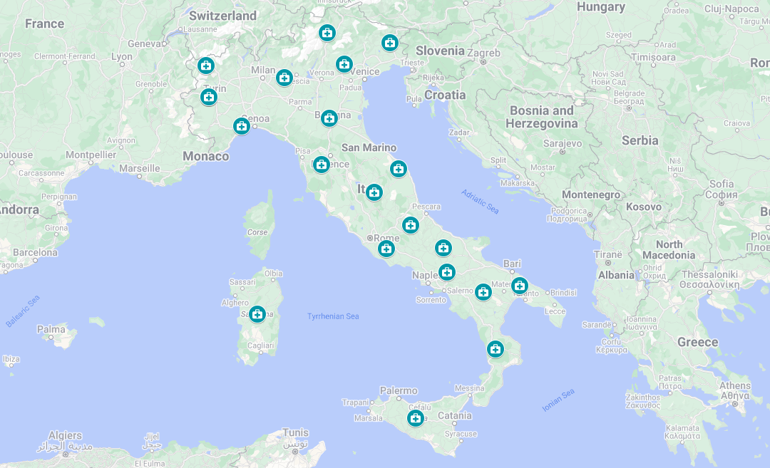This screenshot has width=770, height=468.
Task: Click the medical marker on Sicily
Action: pos(416,418)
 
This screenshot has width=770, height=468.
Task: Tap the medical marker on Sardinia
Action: pos(257,314)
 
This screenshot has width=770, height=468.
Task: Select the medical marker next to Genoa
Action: pos(242,126)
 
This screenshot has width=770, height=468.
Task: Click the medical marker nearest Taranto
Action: pos(520,285)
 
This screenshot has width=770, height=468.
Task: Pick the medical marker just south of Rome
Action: pos(386,249)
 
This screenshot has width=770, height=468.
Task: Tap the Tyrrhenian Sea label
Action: pos(333,316)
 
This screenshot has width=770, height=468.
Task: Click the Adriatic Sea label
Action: pos(480,202)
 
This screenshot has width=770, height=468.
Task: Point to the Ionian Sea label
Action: pos(558,400)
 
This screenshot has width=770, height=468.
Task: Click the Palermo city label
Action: pos(399,390)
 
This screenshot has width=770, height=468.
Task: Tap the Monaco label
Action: pos(206,156)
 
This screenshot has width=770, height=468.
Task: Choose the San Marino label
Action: pos(369,147)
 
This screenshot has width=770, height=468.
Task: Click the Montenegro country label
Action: pos(591,194)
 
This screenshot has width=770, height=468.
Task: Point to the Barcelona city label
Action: pos(34,252)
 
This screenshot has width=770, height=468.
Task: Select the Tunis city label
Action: pos(295,432)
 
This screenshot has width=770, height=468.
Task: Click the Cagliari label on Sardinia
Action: pos(260,345)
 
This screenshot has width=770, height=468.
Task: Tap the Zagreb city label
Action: pos(485,53)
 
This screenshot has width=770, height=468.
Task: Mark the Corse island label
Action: pos(257,232)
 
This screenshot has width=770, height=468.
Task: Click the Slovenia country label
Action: pos(440,51)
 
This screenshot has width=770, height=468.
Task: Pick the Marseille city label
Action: pos(140,169)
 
